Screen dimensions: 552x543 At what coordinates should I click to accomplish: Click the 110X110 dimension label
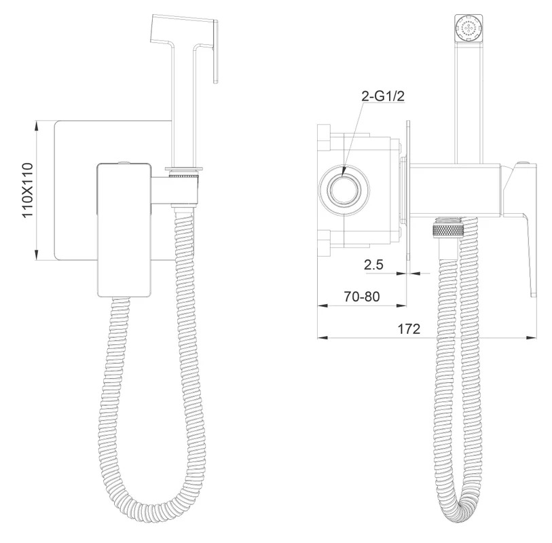[27, 190]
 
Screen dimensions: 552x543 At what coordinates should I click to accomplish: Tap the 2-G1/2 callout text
[383, 96]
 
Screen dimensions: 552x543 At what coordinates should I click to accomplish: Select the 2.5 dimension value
[373, 264]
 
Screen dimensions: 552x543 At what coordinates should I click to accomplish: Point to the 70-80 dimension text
[362, 297]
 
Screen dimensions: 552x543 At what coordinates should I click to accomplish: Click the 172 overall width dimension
[409, 329]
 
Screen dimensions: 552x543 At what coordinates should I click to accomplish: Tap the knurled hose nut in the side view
[446, 229]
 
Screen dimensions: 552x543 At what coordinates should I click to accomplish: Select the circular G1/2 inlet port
[344, 190]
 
